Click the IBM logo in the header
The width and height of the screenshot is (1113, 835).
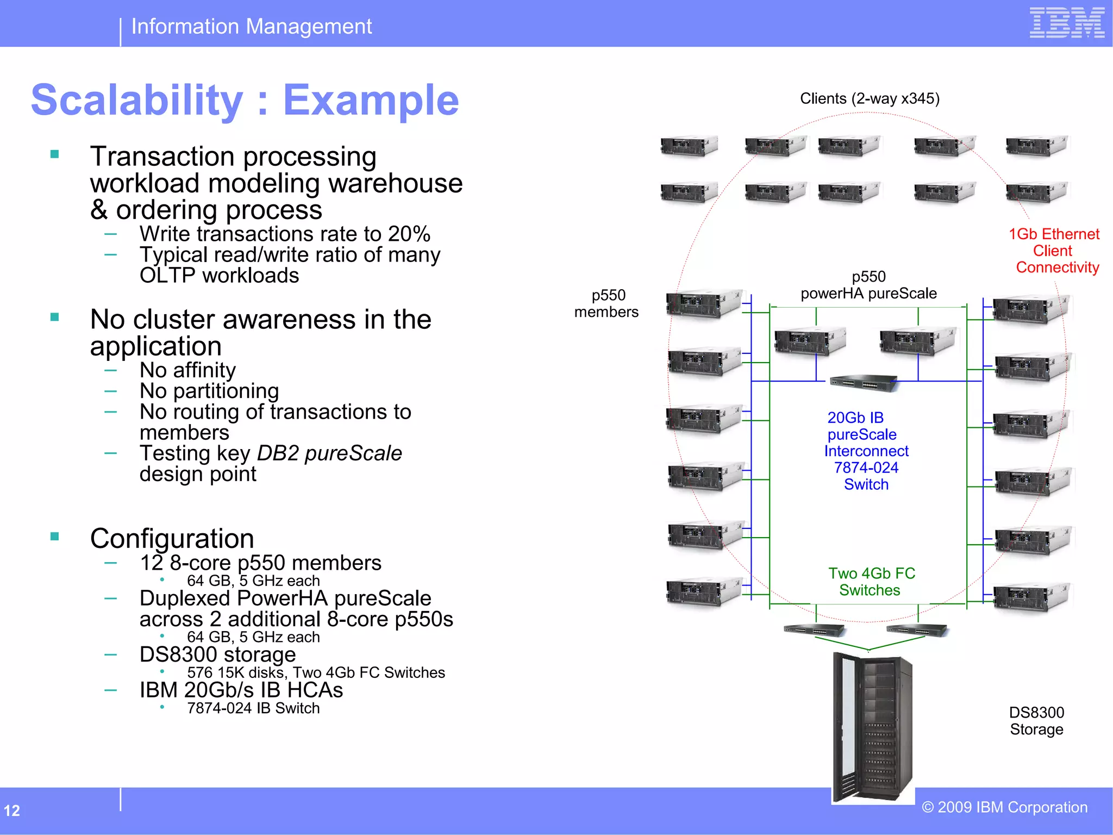[1067, 23]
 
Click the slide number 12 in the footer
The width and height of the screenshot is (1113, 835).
[12, 811]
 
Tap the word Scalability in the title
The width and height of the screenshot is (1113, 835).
[137, 101]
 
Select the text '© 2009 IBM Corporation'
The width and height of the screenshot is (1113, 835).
[1004, 807]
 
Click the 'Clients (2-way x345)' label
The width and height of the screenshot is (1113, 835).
[870, 98]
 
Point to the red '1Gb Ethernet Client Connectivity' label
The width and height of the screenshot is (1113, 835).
[1054, 251]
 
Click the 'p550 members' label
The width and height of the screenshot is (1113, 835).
[607, 303]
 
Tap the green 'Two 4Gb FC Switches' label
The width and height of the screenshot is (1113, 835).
[871, 582]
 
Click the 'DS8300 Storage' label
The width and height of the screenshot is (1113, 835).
[1036, 721]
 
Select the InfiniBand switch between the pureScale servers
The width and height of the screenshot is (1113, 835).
[864, 383]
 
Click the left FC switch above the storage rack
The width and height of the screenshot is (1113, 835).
[814, 630]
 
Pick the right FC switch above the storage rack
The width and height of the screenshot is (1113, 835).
[917, 630]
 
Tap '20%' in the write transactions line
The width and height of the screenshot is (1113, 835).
[409, 234]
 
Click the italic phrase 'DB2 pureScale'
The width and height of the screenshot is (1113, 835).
[329, 453]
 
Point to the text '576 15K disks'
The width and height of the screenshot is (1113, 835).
[235, 673]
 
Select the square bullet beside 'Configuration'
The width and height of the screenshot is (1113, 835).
[54, 537]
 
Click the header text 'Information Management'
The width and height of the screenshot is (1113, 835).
[252, 26]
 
